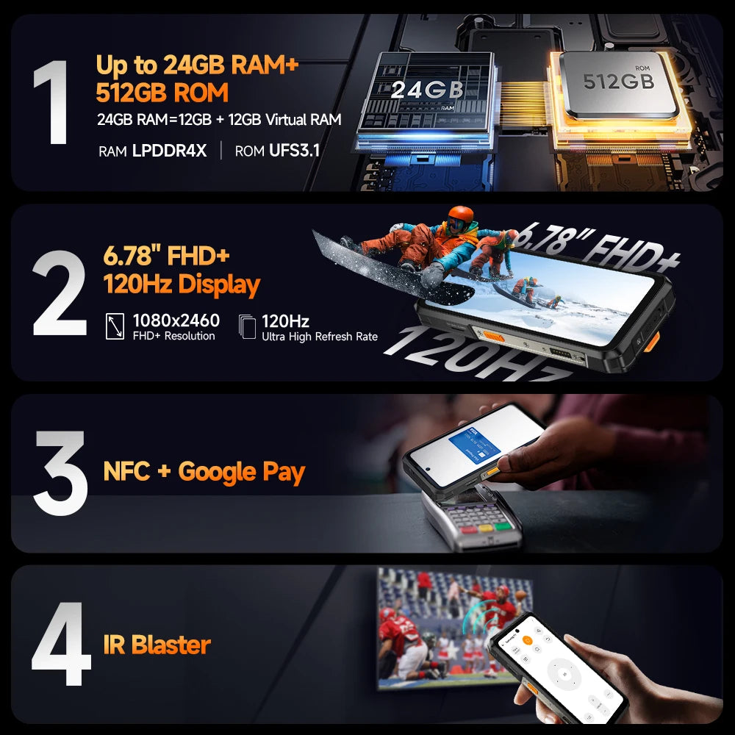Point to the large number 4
(61, 645)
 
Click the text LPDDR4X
(169, 151)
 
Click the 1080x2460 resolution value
(176, 320)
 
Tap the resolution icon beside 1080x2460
(115, 326)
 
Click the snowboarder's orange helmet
(460, 217)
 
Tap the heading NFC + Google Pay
(204, 471)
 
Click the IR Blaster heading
(157, 645)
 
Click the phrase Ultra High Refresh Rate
(320, 337)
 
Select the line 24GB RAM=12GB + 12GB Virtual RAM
(219, 120)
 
